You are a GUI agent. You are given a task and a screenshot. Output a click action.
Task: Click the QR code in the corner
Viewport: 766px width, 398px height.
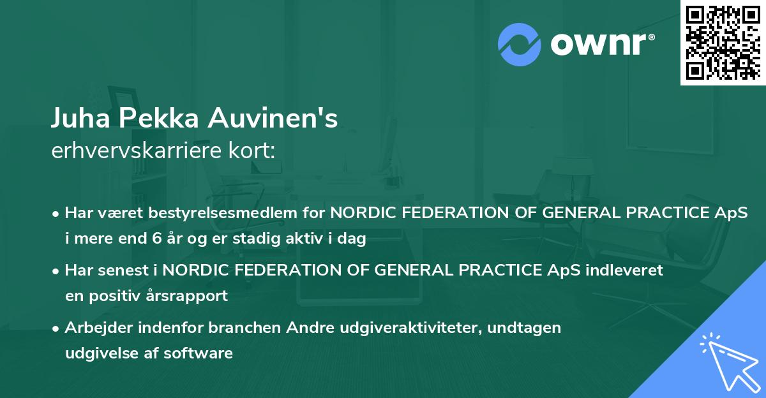(723, 42)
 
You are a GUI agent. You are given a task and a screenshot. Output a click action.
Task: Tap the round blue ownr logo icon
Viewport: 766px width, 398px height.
(520, 43)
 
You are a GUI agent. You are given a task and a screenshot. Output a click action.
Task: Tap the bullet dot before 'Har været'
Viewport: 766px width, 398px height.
(57, 214)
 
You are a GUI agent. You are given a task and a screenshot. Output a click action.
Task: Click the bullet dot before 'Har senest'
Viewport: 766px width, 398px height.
(57, 270)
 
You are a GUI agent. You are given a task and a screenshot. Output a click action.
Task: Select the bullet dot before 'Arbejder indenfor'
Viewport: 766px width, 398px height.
(57, 328)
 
